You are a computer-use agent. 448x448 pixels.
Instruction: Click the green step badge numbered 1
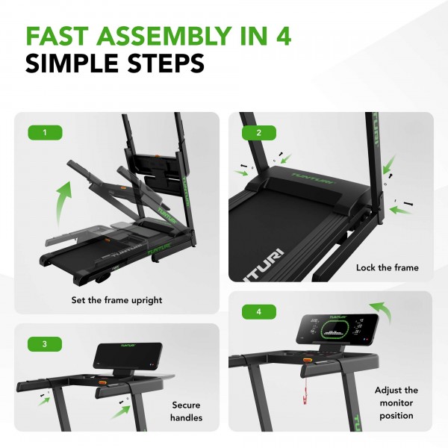(x=45, y=133)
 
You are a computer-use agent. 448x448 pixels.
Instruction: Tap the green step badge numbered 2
(x=258, y=133)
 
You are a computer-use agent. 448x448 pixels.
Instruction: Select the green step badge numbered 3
(x=45, y=344)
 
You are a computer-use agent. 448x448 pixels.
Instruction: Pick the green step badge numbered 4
(x=258, y=309)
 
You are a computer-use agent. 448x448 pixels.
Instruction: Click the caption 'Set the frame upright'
(x=117, y=300)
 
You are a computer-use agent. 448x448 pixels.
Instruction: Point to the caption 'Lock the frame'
(x=388, y=267)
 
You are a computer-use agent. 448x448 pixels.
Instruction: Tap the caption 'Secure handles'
(x=186, y=411)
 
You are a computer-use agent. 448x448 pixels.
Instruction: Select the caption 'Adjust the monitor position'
(x=396, y=403)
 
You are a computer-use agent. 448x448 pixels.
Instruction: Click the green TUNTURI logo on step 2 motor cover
(x=307, y=177)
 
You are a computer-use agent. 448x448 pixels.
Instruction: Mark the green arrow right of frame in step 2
(x=401, y=211)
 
